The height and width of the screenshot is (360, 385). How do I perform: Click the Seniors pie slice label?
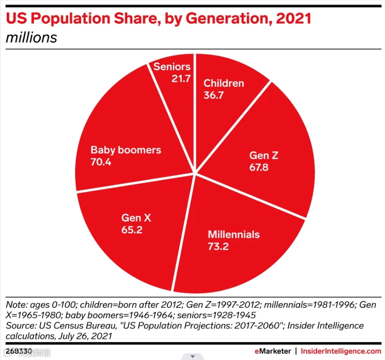(172, 67)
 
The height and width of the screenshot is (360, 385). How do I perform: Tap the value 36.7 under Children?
(213, 95)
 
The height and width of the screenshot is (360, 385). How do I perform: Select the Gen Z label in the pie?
(264, 155)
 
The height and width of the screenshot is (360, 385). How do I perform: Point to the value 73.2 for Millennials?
(218, 246)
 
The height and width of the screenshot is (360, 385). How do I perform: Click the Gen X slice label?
(136, 218)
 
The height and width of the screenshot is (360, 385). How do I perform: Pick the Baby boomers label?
(126, 150)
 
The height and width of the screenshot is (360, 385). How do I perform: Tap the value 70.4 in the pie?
(101, 162)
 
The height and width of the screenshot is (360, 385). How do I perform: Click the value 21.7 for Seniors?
(181, 79)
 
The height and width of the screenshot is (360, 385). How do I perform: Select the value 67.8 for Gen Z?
(259, 167)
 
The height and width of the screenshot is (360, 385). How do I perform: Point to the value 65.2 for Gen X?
(132, 230)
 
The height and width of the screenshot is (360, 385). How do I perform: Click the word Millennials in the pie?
(234, 234)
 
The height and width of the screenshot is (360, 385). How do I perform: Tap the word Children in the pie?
(224, 83)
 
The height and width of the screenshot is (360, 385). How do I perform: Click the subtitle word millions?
(32, 37)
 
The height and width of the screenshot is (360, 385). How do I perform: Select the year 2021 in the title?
(294, 18)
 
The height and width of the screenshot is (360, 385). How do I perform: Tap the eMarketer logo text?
(272, 351)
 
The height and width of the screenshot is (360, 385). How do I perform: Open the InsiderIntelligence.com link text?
(341, 351)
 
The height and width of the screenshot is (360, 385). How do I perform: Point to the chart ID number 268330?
(19, 351)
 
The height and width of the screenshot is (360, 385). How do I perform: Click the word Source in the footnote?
(21, 326)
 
